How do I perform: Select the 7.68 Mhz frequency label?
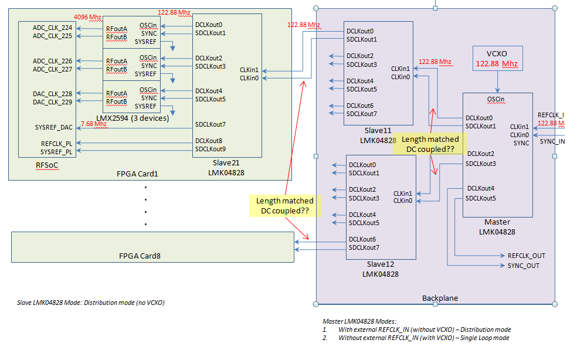point(94,124)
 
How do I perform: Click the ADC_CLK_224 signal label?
point(53,27)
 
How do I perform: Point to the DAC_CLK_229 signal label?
point(53,102)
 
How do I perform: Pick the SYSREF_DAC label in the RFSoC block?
point(54,127)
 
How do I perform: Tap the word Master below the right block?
point(497,222)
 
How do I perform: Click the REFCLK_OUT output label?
point(526,256)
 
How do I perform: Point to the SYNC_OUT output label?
point(524,266)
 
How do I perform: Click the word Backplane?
point(440,298)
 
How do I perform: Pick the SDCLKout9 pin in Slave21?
point(209,149)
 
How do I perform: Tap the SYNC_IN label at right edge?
point(552,141)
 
